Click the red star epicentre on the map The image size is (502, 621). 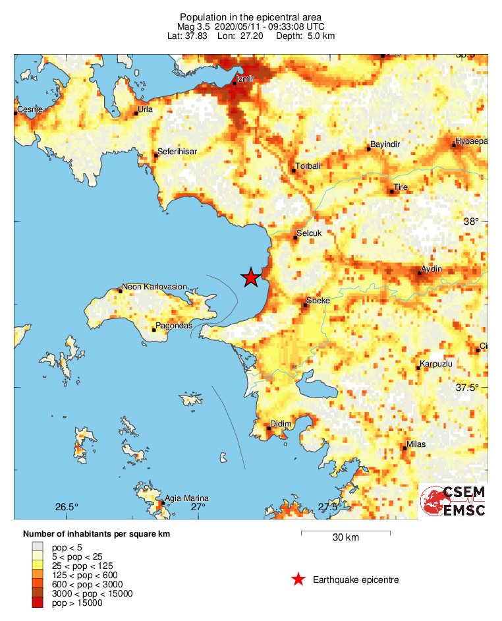click(250, 278)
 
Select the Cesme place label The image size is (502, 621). click(29, 109)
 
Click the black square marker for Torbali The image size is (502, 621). click(294, 171)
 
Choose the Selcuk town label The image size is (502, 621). click(310, 233)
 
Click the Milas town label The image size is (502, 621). click(416, 444)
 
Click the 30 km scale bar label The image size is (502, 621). click(345, 538)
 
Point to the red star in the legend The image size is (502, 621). click(298, 579)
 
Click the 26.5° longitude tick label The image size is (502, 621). click(67, 507)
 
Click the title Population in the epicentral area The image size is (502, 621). click(251, 16)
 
